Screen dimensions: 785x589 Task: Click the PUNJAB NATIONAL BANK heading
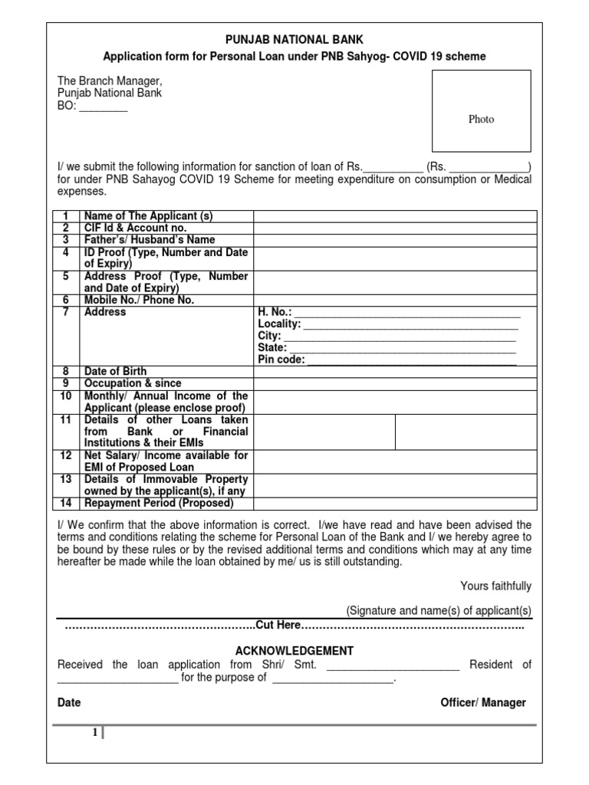point(294,40)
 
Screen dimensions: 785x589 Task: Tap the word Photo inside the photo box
point(482,119)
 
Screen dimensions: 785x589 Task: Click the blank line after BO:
point(104,107)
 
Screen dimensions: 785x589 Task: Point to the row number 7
point(66,313)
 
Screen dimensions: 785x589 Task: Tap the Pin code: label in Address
point(281,360)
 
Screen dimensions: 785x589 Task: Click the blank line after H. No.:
point(407,313)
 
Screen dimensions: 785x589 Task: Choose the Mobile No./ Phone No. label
point(139,301)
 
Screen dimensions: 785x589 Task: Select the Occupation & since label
point(133,383)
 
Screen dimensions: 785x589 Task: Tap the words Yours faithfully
point(495,586)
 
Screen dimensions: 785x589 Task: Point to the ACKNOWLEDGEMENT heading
point(294,651)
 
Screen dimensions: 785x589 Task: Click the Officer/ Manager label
point(483,703)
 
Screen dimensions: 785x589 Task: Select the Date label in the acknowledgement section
point(69,703)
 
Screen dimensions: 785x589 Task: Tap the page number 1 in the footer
point(94,733)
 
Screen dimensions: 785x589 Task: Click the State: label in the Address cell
point(272,348)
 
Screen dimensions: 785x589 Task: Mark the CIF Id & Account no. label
point(135,228)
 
